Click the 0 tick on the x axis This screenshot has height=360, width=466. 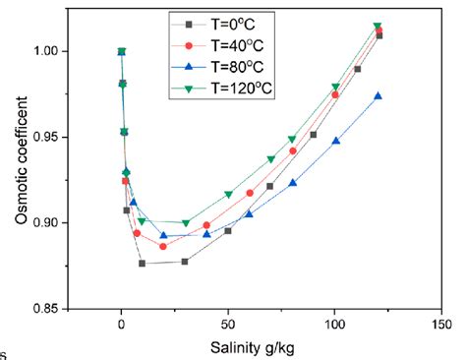pyautogui.click(x=121, y=323)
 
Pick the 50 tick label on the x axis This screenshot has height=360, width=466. pyautogui.click(x=228, y=323)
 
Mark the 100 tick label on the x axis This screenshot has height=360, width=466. pyautogui.click(x=335, y=323)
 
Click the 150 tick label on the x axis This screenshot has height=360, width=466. pyautogui.click(x=441, y=323)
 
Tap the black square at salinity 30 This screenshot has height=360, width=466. pyautogui.click(x=185, y=262)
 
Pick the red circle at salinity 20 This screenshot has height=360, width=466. pyautogui.click(x=163, y=246)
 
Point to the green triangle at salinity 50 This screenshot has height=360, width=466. pyautogui.click(x=228, y=195)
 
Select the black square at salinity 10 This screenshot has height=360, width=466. pyautogui.click(x=143, y=264)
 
